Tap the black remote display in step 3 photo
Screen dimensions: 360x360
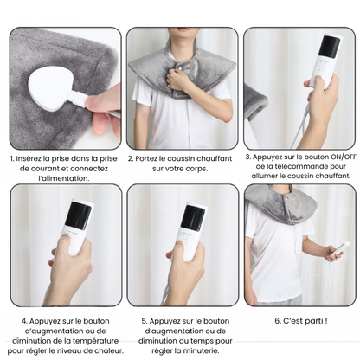click(x=329, y=48)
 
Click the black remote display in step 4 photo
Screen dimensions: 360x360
click(x=79, y=215)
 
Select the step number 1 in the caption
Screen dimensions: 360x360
click(x=13, y=158)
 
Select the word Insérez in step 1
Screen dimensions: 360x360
click(x=32, y=158)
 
